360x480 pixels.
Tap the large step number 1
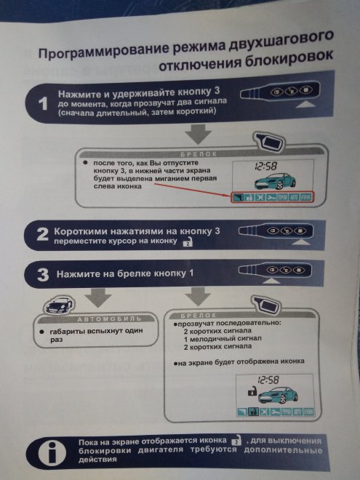tap(42, 103)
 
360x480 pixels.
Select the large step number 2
tap(42, 233)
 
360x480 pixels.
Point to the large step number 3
tap(42, 274)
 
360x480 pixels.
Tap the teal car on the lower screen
tap(273, 396)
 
